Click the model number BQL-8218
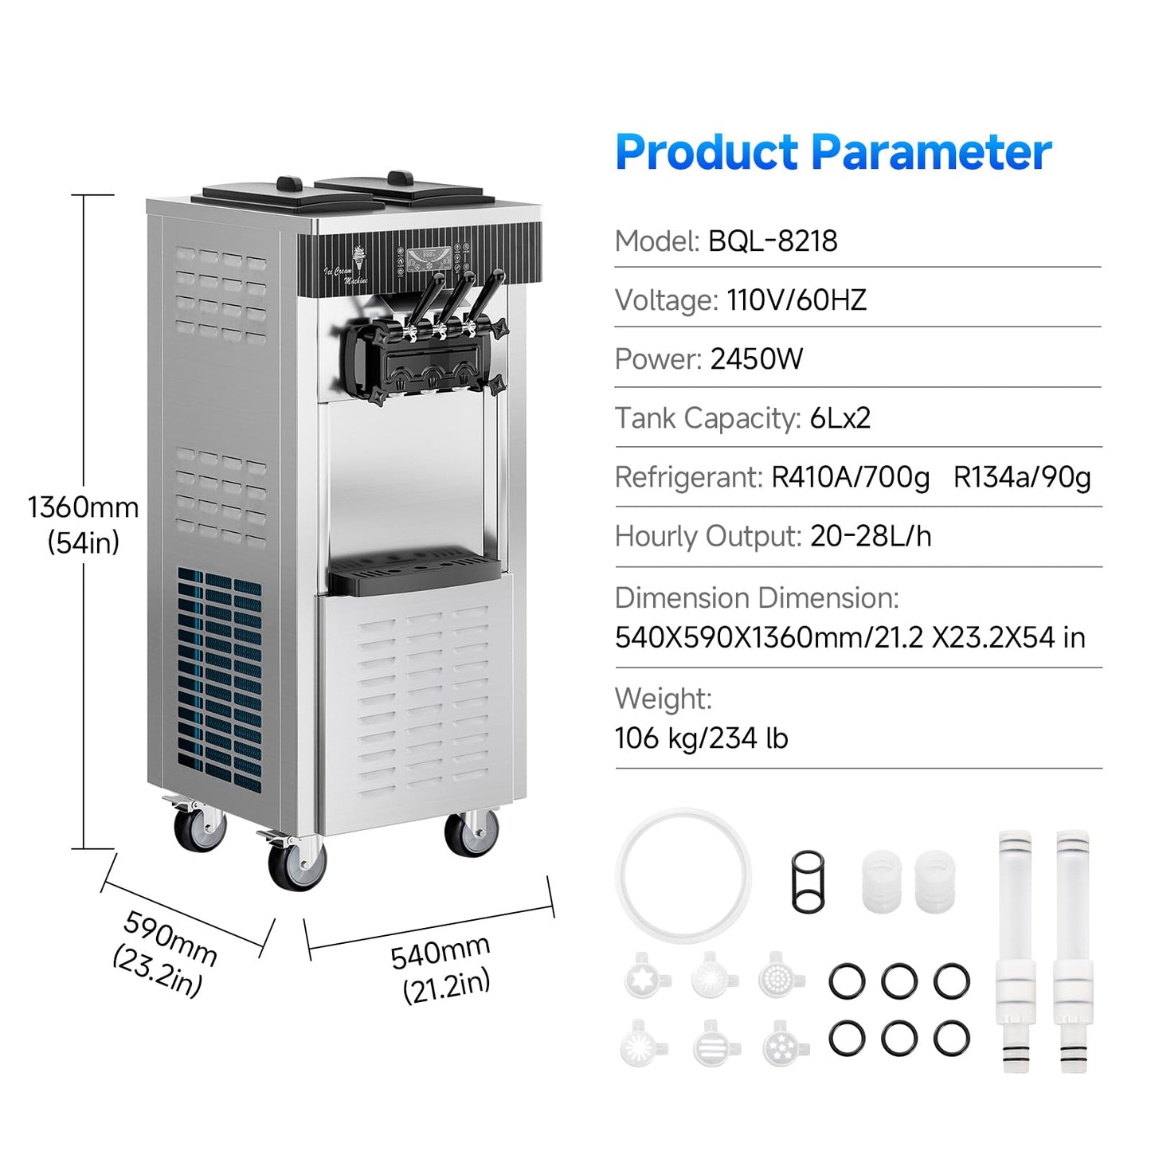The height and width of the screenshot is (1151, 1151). click(773, 241)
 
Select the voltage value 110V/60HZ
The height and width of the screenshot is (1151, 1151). click(797, 299)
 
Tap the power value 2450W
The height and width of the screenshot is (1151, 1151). click(756, 359)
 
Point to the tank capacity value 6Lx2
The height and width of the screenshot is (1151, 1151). click(840, 418)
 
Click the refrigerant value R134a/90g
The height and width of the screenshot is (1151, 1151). click(1022, 477)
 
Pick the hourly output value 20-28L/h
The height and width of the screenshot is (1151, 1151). click(871, 536)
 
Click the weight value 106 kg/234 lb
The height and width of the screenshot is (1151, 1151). click(701, 738)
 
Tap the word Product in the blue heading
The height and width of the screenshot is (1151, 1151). click(707, 154)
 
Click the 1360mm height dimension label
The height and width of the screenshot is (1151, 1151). click(83, 507)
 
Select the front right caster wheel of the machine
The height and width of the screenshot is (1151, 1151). click(472, 832)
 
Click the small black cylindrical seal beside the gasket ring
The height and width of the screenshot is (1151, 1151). click(808, 882)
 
